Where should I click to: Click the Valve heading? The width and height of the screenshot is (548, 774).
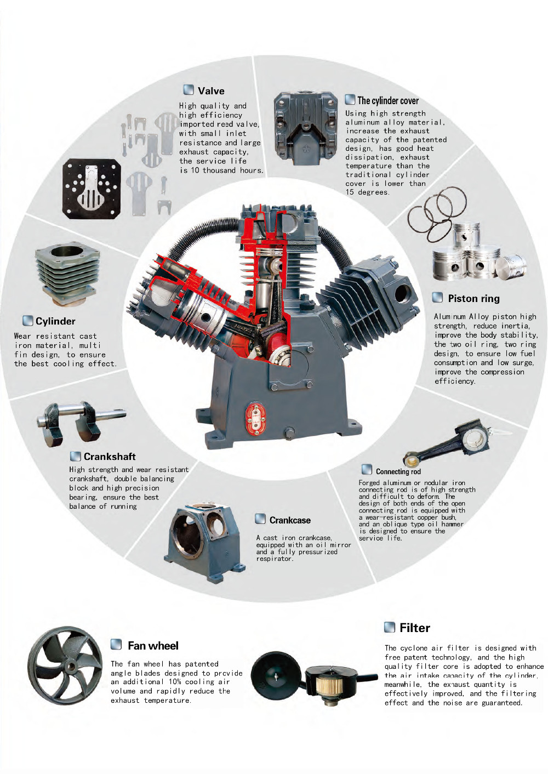pyautogui.click(x=211, y=91)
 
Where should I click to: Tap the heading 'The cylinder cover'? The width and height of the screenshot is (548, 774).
pyautogui.click(x=387, y=100)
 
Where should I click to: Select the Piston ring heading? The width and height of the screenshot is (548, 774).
pyautogui.click(x=473, y=298)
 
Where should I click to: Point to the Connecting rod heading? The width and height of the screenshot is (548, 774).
pyautogui.click(x=398, y=471)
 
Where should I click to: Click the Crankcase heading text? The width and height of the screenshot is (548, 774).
pyautogui.click(x=290, y=520)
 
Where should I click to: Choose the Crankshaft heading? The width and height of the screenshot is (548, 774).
pyautogui.click(x=110, y=457)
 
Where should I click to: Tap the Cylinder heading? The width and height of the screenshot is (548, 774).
pyautogui.click(x=55, y=321)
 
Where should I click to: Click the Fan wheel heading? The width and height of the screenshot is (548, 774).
pyautogui.click(x=153, y=646)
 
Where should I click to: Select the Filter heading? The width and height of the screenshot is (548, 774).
pyautogui.click(x=415, y=628)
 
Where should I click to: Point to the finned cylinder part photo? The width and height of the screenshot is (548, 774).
pyautogui.click(x=67, y=274)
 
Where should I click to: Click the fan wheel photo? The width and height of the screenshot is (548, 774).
pyautogui.click(x=65, y=665)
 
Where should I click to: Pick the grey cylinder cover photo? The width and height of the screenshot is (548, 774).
pyautogui.click(x=306, y=128)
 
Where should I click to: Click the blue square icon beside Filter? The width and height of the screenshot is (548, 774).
pyautogui.click(x=390, y=627)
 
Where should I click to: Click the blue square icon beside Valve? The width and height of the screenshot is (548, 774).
pyautogui.click(x=189, y=90)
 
